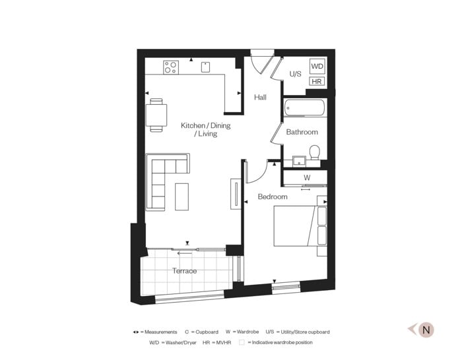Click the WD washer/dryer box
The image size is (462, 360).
pyautogui.click(x=317, y=66)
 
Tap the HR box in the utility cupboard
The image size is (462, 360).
pyautogui.click(x=317, y=81)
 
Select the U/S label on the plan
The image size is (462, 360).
pyautogui.click(x=295, y=74)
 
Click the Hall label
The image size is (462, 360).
pyautogui.click(x=261, y=97)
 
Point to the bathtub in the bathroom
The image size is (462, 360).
pyautogui.click(x=304, y=107)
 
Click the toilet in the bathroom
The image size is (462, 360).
pyautogui.click(x=315, y=152)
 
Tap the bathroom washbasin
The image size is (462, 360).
pyautogui.click(x=300, y=162)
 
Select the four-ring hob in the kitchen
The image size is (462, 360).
pyautogui.click(x=171, y=67)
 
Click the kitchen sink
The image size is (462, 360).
pyautogui.click(x=205, y=67)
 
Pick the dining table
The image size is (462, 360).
pyautogui.click(x=156, y=115)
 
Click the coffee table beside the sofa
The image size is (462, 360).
pyautogui.click(x=181, y=196)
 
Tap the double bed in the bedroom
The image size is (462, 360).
pyautogui.click(x=300, y=226)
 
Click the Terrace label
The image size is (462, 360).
pyautogui.click(x=184, y=271)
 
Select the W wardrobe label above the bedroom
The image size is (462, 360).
pyautogui.click(x=307, y=177)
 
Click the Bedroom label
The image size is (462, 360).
pyautogui.click(x=273, y=196)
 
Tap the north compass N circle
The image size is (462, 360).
pyautogui.click(x=426, y=330)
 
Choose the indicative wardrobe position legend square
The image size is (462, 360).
pyautogui.click(x=242, y=342)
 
